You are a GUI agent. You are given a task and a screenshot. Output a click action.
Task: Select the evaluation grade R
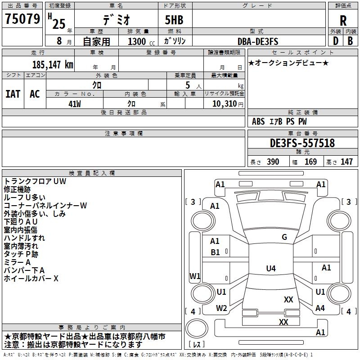click(343, 21)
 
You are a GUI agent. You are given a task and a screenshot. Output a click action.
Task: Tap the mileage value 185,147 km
click(53, 65)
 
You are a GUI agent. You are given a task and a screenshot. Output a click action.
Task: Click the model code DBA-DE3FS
click(258, 41)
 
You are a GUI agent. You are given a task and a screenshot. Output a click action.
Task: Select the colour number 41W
click(75, 103)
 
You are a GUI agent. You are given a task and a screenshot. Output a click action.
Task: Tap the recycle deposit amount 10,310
click(224, 103)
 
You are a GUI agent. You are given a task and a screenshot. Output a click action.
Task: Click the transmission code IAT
click(13, 94)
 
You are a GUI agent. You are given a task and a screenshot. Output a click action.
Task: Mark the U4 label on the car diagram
click(270, 269)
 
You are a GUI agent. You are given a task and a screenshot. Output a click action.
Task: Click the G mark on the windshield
click(284, 237)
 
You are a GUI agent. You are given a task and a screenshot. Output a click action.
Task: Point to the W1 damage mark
click(195, 276)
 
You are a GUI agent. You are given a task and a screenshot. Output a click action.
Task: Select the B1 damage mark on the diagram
click(215, 252)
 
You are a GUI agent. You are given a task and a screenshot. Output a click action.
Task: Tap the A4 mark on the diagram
click(320, 308)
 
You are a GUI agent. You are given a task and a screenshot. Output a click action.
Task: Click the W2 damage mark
click(221, 308)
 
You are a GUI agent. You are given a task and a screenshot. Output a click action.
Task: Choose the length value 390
click(273, 162)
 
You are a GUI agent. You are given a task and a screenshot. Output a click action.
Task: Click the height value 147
click(346, 162)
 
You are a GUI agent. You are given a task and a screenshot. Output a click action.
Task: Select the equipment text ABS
click(258, 121)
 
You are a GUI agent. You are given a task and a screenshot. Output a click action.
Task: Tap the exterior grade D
click(335, 41)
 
